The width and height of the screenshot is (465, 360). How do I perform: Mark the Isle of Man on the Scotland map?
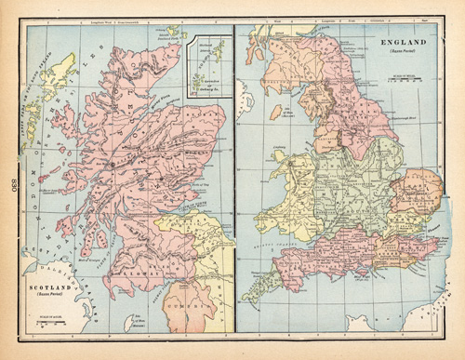pyautogui.click(x=131, y=322)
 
